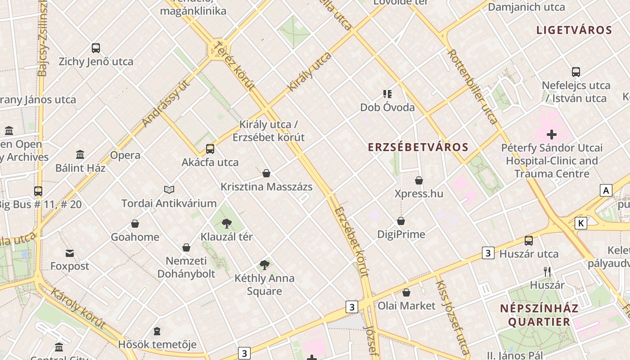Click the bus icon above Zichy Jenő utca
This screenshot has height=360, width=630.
tap(96, 48)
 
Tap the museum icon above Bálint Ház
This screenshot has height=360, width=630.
tap(80, 155)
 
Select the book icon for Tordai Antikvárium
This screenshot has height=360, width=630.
tap(169, 190)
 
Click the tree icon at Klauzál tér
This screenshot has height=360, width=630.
tap(227, 224)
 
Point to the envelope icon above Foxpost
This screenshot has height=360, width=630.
tap(70, 253)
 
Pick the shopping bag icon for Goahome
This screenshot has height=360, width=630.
tap(135, 224)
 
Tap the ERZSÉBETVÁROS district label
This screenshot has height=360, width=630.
tap(418, 147)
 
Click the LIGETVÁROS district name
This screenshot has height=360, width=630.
tap(574, 31)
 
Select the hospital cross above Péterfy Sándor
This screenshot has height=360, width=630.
tap(552, 135)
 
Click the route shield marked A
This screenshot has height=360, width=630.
tap(606, 190)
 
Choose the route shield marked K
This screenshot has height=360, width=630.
tap(581, 223)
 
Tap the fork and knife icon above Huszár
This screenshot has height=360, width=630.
tap(547, 272)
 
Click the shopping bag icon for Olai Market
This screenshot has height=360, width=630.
tap(406, 293)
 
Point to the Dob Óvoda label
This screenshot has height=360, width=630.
tap(387, 108)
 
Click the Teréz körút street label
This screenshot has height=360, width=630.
tap(234, 66)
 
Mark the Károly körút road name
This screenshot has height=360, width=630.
tap(78, 308)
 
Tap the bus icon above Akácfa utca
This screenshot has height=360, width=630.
tap(210, 149)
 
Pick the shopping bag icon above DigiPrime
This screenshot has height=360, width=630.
tap(401, 221)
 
